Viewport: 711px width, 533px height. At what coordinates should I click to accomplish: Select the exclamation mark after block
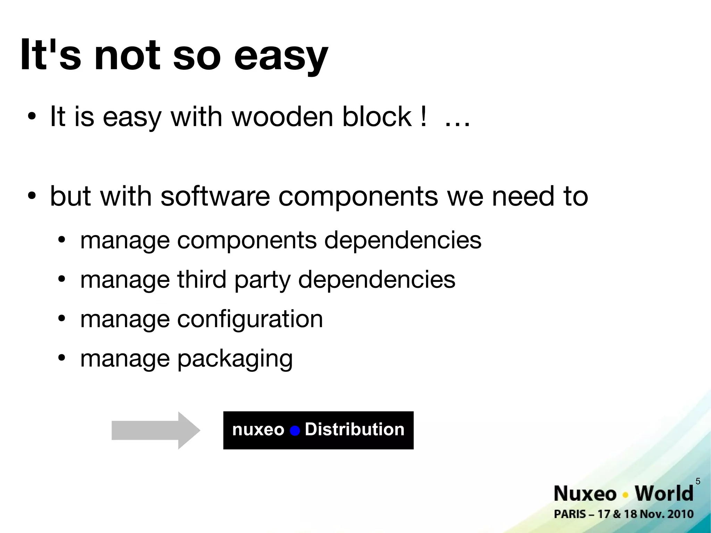423,117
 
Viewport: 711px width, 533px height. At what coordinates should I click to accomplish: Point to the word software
215,196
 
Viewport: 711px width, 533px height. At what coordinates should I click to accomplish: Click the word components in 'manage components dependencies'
246,240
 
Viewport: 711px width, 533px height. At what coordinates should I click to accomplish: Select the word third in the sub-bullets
202,279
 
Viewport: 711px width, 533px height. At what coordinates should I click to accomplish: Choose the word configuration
250,319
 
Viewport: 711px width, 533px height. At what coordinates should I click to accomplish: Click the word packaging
235,359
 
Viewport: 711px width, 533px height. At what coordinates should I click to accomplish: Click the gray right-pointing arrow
155,431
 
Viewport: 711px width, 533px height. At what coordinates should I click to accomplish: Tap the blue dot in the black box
295,431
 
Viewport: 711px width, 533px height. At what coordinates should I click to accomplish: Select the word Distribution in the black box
354,430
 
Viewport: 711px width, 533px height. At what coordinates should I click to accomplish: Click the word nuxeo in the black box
258,430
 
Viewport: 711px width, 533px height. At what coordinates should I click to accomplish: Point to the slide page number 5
698,481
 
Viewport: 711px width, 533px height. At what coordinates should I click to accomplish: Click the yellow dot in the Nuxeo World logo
626,494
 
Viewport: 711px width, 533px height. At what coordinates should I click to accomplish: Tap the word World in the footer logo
664,493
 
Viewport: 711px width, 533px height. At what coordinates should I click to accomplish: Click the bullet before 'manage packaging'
62,358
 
